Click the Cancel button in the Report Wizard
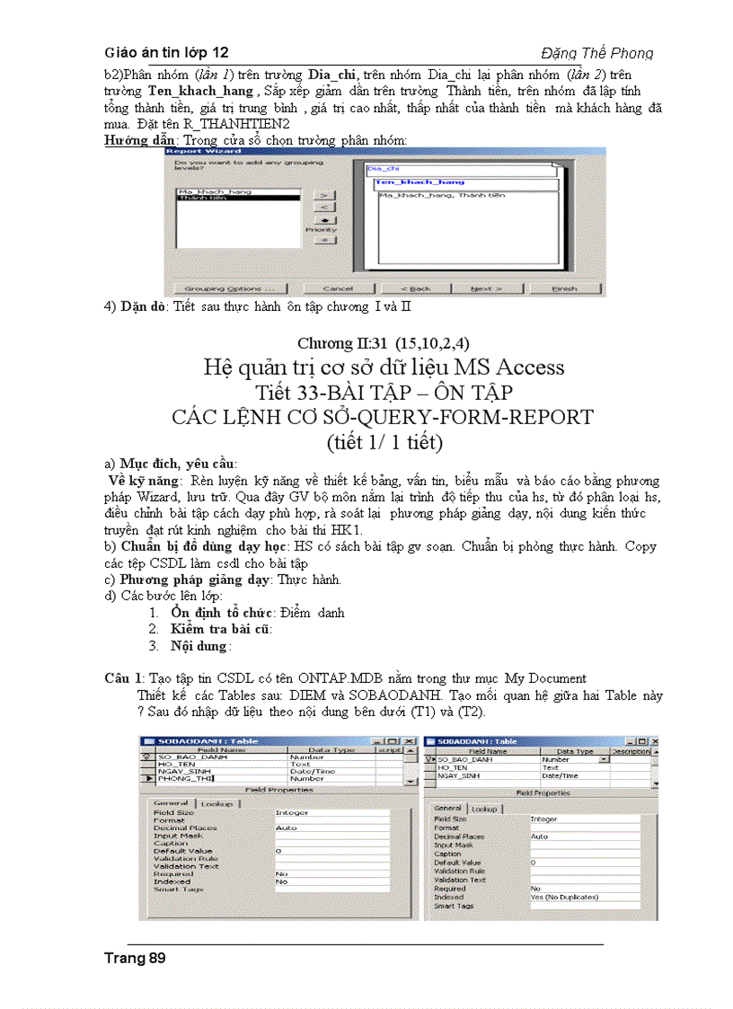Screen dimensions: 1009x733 pyautogui.click(x=338, y=288)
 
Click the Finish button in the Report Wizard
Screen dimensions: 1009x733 pyautogui.click(x=564, y=288)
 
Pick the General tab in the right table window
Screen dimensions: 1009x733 pyautogui.click(x=449, y=809)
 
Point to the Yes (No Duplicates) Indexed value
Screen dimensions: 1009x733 pyautogui.click(x=563, y=897)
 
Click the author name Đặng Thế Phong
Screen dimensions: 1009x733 pyautogui.click(x=596, y=53)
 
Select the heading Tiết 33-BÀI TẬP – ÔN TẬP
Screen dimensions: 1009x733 pyautogui.click(x=384, y=393)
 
